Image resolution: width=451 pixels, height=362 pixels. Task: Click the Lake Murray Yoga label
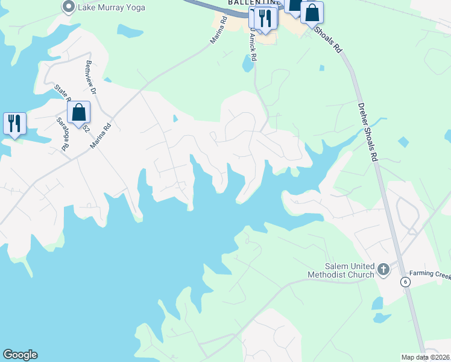[107, 7]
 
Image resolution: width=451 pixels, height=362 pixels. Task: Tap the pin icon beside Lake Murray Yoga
[68, 7]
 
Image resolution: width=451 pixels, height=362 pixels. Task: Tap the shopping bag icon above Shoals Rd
[312, 13]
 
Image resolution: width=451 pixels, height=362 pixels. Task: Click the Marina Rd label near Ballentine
[218, 30]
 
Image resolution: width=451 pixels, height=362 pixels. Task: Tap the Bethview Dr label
[91, 78]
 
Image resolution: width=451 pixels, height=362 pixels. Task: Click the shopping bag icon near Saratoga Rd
[78, 112]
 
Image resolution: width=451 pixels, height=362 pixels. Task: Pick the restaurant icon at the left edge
[13, 123]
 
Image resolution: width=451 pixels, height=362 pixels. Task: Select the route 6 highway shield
[406, 282]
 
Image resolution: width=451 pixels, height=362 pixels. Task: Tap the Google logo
[20, 355]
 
